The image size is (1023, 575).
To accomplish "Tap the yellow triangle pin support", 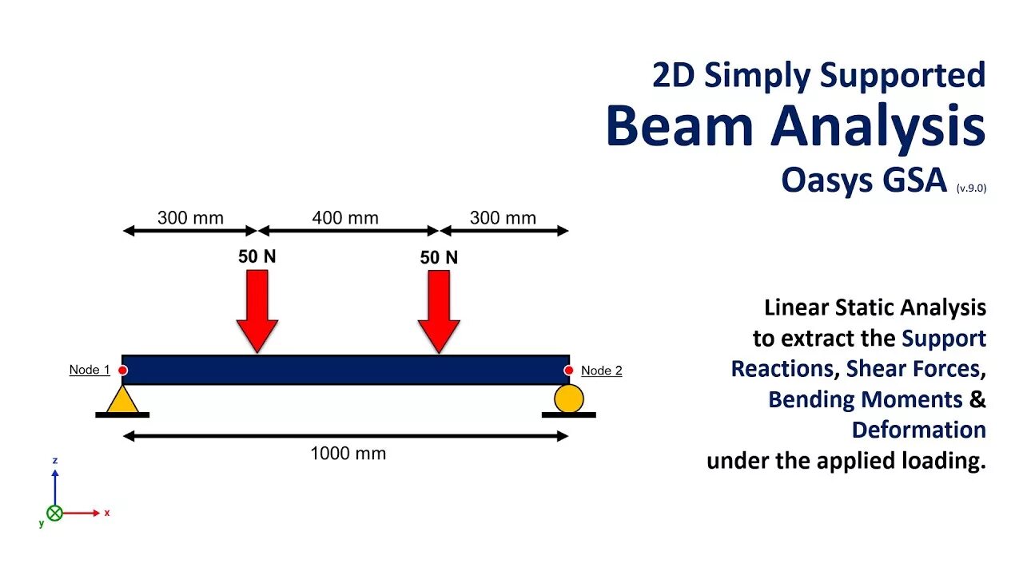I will (x=122, y=399).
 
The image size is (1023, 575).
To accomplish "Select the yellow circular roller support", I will (x=569, y=398).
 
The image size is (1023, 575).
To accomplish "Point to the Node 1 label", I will (x=90, y=370).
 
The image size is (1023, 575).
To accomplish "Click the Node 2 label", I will (x=601, y=371).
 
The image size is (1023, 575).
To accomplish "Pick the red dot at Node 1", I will (x=122, y=371).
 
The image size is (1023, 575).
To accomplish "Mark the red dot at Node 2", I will (x=569, y=371).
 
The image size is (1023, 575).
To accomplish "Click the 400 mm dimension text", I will (x=346, y=218).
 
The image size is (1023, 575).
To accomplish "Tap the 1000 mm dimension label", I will (x=348, y=454).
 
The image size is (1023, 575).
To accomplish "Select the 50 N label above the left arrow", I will (x=257, y=257).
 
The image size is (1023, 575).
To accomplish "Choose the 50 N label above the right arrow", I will (x=439, y=257).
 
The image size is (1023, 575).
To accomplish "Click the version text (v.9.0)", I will (x=971, y=188).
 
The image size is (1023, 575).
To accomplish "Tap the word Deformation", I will (x=918, y=430).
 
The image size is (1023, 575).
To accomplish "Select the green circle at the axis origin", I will (x=54, y=513).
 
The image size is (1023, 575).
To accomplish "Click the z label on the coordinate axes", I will (x=54, y=461).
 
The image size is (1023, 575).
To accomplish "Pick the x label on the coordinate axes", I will (x=107, y=513).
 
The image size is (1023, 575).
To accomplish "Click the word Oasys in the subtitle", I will (x=825, y=180).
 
